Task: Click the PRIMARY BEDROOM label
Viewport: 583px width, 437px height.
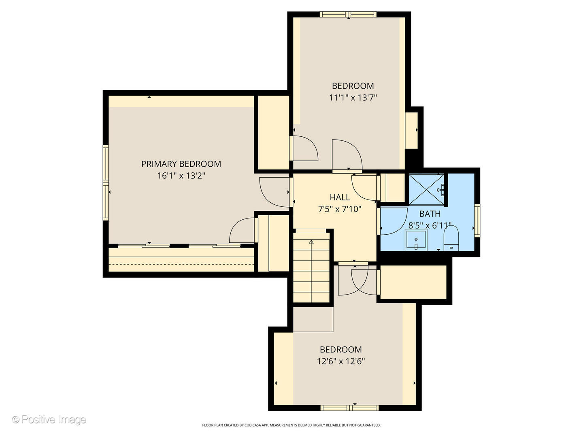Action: pyautogui.click(x=181, y=164)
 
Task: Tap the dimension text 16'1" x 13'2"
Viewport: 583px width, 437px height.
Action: pyautogui.click(x=181, y=176)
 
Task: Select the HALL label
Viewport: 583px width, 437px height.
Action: pyautogui.click(x=340, y=197)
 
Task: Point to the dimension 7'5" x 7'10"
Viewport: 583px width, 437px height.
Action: pyautogui.click(x=340, y=209)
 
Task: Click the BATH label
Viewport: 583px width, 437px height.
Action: pyautogui.click(x=430, y=214)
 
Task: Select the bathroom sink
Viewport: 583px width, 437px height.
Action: pyautogui.click(x=416, y=240)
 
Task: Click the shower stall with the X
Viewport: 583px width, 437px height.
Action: pyautogui.click(x=426, y=189)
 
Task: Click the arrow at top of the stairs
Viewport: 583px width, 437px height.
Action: pyautogui.click(x=311, y=242)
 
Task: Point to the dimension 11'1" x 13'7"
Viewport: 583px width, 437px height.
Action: pyautogui.click(x=353, y=98)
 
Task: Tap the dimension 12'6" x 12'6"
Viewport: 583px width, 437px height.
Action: pyautogui.click(x=340, y=361)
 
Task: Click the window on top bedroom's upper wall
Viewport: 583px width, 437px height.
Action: pyautogui.click(x=348, y=15)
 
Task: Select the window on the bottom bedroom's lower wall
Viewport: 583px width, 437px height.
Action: pyautogui.click(x=349, y=407)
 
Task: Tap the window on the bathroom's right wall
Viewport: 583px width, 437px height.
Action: pyautogui.click(x=477, y=221)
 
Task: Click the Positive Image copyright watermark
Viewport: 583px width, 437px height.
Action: pyautogui.click(x=49, y=420)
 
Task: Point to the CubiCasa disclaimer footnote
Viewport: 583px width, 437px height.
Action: pyautogui.click(x=291, y=425)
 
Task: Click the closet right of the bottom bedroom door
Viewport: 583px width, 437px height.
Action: pyautogui.click(x=413, y=282)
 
